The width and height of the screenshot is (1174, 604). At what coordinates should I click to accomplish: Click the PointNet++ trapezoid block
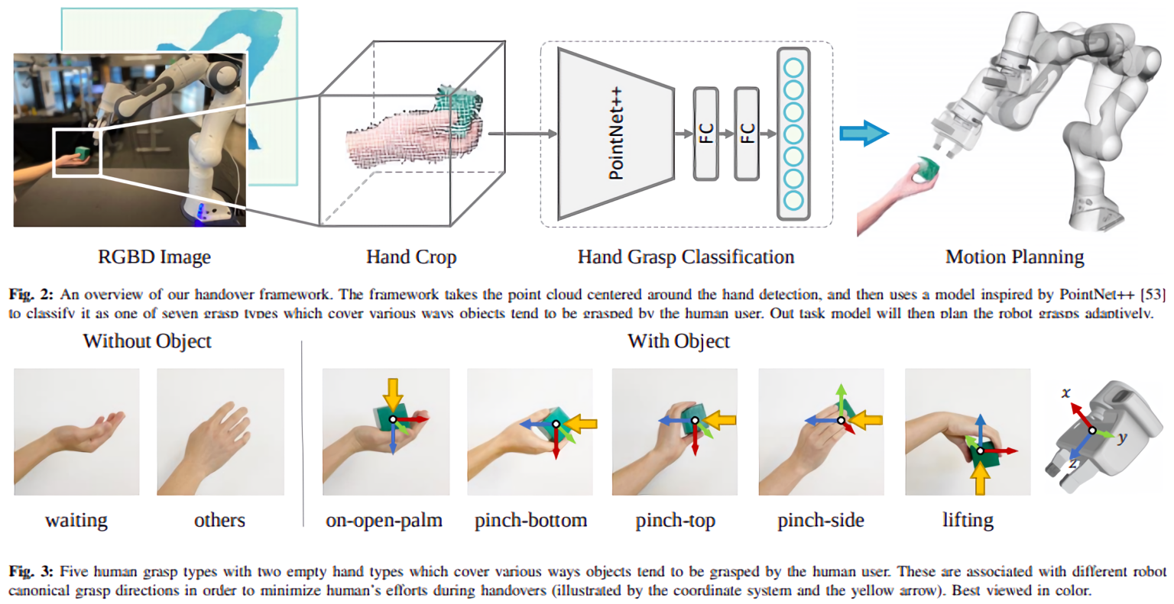tap(616, 134)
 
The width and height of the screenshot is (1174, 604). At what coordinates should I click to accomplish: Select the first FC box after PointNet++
tap(705, 134)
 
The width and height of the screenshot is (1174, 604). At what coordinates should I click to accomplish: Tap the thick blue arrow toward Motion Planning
tap(864, 133)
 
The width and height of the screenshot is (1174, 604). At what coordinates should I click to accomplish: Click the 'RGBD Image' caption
tap(154, 257)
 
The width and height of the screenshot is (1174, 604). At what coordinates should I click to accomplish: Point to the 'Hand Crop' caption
tap(411, 257)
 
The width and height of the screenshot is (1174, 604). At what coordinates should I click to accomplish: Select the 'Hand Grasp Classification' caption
tap(686, 257)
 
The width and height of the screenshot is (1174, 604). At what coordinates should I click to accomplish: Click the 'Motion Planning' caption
tap(1015, 257)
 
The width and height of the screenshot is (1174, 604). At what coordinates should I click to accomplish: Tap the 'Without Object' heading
tap(148, 341)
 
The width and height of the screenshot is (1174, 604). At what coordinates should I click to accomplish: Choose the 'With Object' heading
tap(679, 341)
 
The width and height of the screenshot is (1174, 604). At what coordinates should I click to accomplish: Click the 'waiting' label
tap(76, 520)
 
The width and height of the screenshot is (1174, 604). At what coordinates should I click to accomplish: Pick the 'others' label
tap(219, 520)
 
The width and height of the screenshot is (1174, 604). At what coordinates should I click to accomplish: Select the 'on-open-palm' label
tap(384, 520)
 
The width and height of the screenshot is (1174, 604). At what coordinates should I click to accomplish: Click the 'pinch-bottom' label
tap(531, 520)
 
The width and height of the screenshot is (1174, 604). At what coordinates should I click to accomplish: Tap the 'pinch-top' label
tap(676, 520)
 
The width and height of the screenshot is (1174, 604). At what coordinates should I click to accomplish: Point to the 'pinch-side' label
tap(821, 520)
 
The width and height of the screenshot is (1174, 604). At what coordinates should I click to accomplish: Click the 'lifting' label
tap(968, 520)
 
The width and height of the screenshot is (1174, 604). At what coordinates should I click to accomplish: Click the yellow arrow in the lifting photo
tap(980, 477)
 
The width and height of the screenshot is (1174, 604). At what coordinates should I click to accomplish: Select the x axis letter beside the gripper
tap(1065, 392)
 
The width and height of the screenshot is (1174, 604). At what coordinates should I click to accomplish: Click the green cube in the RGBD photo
tap(82, 153)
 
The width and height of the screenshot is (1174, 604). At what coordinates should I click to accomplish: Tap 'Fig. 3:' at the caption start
tap(31, 572)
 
